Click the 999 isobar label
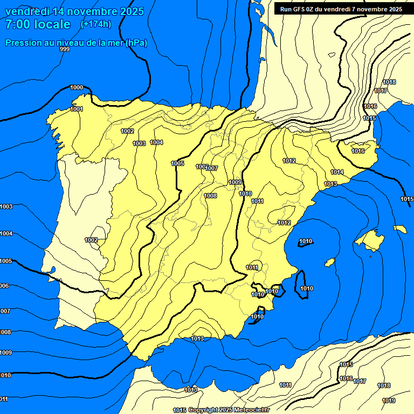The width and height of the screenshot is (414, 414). (x=65, y=50)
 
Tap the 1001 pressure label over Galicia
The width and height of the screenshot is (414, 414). (x=77, y=109)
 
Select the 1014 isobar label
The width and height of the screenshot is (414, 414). (x=337, y=172)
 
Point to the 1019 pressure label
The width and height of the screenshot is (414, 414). (x=388, y=401)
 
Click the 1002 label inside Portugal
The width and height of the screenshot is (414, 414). (x=91, y=240)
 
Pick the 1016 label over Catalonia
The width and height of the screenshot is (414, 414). (x=358, y=151)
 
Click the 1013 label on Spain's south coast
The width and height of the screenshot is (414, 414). (x=197, y=339)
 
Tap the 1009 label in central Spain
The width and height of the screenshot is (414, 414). (x=235, y=182)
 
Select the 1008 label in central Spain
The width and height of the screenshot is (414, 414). (x=210, y=196)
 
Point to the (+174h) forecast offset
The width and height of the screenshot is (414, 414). (x=95, y=24)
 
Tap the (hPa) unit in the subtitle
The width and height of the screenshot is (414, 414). (x=136, y=43)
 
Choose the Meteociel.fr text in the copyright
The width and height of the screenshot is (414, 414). (x=250, y=410)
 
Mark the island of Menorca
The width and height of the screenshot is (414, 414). (x=400, y=229)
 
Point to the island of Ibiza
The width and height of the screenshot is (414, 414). (x=329, y=262)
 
